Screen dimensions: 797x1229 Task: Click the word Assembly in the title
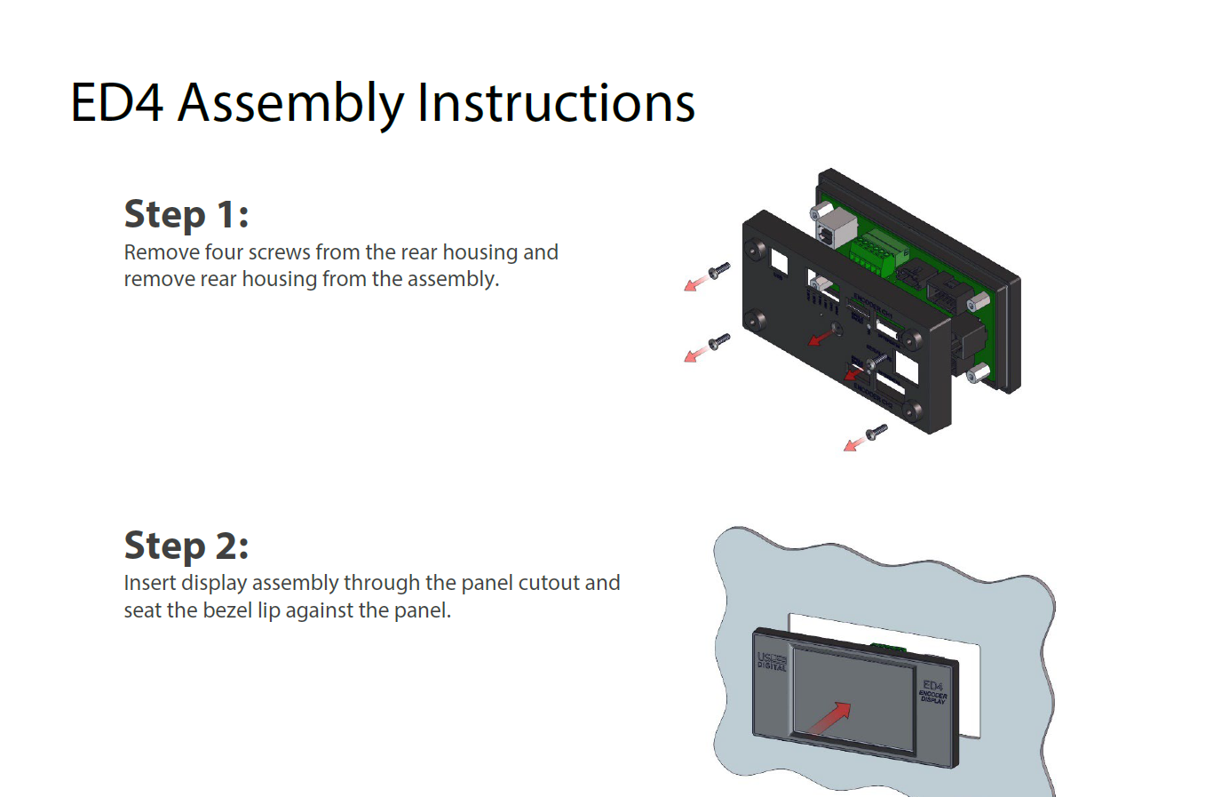click(x=289, y=103)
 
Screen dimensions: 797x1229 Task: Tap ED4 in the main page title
click(x=116, y=103)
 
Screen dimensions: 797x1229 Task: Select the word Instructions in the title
click(x=556, y=103)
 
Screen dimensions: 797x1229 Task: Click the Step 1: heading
click(x=186, y=214)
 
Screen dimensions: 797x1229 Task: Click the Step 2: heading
click(x=186, y=546)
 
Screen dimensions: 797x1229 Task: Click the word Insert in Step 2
click(x=150, y=583)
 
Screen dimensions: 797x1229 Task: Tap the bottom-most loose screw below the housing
click(x=876, y=432)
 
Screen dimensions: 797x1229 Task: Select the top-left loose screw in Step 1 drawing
click(x=718, y=269)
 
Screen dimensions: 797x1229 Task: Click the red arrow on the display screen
click(x=829, y=718)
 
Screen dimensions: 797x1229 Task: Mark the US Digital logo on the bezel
click(x=772, y=661)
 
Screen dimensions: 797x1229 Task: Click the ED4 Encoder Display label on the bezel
click(x=933, y=691)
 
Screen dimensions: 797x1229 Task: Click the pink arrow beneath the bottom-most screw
click(x=853, y=443)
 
